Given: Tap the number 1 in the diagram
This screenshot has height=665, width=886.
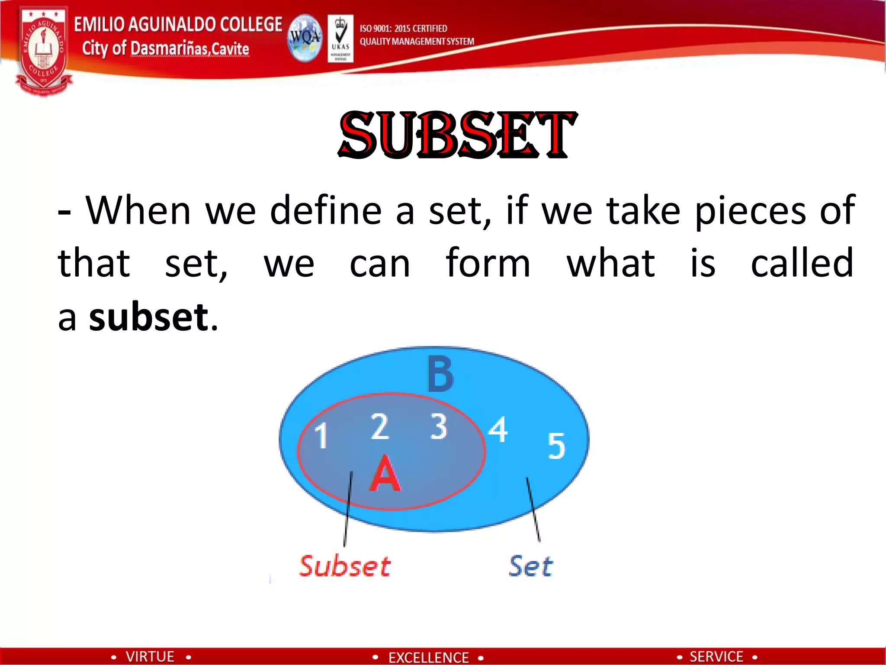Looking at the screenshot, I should (321, 435).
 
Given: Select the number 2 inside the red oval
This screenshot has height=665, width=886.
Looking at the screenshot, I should (380, 426).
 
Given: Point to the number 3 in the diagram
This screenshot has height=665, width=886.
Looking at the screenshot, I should (438, 426).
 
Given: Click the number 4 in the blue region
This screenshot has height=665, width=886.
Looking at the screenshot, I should (498, 429).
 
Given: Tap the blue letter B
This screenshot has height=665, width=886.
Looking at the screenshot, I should (440, 374).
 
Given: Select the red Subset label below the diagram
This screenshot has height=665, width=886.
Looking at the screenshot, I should (345, 566).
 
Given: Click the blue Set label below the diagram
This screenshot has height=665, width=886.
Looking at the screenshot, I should (531, 566).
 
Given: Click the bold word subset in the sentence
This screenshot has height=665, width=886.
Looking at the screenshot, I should (149, 317).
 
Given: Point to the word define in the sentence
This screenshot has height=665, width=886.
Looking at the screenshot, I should (325, 211).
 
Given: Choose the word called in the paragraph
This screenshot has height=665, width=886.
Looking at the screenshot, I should (802, 263).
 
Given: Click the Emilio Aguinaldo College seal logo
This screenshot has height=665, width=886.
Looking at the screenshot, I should (43, 51).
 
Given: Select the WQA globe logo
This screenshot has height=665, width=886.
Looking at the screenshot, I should (305, 38).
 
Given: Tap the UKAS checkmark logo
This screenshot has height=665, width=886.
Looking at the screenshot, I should (340, 39).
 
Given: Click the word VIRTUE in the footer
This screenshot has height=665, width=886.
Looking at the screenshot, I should (150, 656).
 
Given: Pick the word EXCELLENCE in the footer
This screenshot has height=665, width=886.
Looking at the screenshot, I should (428, 657).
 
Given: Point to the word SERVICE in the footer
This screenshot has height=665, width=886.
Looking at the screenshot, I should (716, 656).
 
